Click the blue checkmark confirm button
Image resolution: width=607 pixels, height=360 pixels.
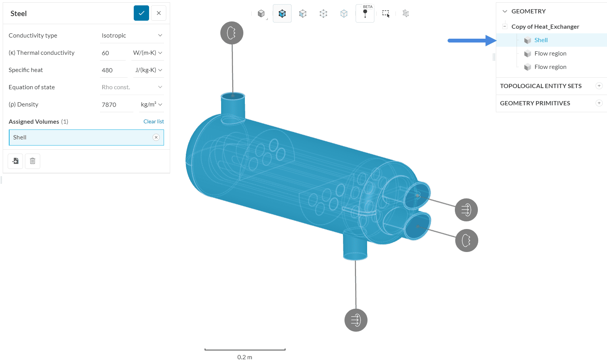(141, 13)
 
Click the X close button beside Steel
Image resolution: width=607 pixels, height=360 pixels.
(159, 13)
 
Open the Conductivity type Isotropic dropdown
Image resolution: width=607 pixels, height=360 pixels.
(132, 35)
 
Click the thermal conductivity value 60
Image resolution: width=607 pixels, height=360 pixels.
(112, 53)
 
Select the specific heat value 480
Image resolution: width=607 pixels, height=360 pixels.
(113, 70)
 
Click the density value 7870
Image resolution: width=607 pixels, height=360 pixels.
(116, 105)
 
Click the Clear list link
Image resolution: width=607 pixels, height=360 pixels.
(153, 121)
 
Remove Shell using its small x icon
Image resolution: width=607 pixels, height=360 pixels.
(156, 137)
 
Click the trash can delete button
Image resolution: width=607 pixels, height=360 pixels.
(33, 161)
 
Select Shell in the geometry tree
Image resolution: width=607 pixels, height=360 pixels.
(541, 40)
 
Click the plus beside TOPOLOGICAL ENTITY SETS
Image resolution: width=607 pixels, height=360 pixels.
(599, 86)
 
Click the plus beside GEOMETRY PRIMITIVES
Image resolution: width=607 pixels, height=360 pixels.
(599, 103)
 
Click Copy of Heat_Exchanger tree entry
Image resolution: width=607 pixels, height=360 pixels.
(545, 26)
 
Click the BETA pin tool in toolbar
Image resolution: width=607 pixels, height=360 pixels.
(365, 13)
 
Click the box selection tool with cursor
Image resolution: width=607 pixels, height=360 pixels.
(386, 13)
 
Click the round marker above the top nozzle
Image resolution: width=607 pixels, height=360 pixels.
(232, 33)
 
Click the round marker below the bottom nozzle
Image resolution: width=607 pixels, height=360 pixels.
(356, 320)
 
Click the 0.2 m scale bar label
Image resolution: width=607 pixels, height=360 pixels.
(244, 357)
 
